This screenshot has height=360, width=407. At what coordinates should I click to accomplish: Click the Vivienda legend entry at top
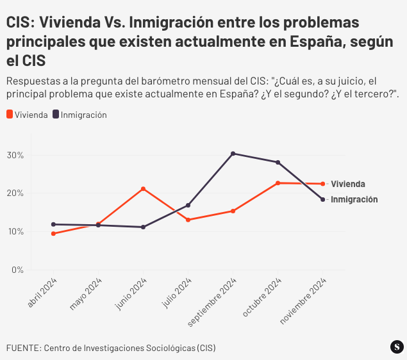(x=27, y=115)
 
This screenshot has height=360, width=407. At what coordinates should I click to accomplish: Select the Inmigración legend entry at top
(x=79, y=115)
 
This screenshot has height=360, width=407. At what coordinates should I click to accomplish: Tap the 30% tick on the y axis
(x=15, y=155)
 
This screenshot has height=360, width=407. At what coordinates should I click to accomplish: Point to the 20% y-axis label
(x=15, y=193)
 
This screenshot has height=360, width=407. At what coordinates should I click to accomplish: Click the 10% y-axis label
(x=15, y=231)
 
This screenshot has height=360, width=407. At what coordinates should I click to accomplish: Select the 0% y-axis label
(x=17, y=270)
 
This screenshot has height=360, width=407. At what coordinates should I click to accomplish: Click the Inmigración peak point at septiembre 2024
(x=233, y=154)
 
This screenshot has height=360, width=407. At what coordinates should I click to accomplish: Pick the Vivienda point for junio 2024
(x=143, y=189)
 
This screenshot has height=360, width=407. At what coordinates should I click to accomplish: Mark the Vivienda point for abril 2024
(x=53, y=234)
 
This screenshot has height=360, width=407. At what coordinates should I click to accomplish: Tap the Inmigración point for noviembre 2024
(x=322, y=199)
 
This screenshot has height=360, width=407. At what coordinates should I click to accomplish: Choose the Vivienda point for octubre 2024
(x=278, y=183)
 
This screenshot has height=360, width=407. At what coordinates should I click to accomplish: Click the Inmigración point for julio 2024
(x=188, y=206)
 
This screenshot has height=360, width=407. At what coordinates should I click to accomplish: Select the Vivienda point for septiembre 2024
(x=233, y=211)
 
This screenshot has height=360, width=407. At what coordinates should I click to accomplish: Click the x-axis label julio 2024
(x=178, y=293)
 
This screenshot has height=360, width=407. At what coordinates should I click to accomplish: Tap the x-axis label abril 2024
(x=44, y=293)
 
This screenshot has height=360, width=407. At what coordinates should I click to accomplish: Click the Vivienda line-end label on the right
(x=347, y=184)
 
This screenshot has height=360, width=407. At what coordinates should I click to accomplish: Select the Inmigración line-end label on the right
(x=354, y=199)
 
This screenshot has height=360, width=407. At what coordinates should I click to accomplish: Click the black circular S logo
(x=397, y=347)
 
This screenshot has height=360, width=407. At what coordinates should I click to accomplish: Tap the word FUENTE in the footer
(x=23, y=348)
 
